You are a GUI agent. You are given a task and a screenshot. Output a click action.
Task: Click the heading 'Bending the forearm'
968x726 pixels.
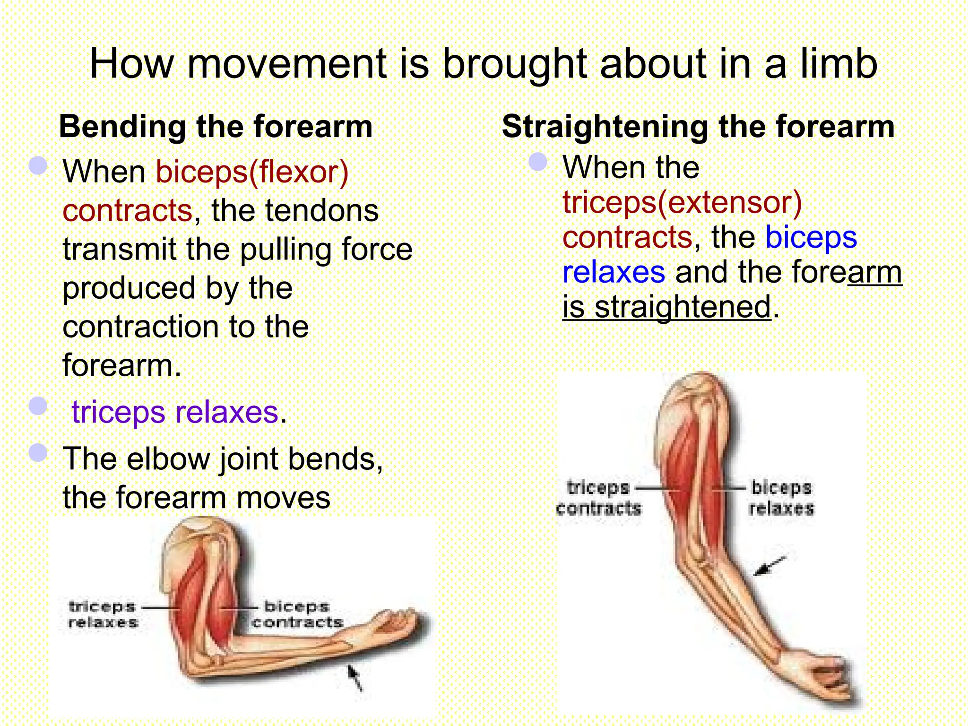(x=216, y=127)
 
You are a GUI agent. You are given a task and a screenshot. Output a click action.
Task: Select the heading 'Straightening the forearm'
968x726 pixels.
(x=698, y=127)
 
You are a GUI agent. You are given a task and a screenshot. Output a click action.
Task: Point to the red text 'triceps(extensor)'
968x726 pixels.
(x=682, y=202)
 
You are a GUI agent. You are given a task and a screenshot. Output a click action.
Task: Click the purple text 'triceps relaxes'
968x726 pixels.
(x=175, y=412)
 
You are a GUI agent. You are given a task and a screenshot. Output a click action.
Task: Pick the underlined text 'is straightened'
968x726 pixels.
(x=666, y=307)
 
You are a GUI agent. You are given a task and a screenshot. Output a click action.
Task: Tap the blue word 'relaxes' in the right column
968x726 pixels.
(x=614, y=272)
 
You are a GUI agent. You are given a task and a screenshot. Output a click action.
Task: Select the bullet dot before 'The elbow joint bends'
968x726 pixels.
(x=38, y=453)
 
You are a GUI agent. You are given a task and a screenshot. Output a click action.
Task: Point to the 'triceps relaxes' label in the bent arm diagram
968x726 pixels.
(x=103, y=614)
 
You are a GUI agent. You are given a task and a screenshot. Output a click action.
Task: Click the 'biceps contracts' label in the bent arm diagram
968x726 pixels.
(x=297, y=614)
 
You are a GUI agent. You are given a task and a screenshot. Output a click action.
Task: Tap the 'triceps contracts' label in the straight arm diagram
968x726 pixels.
(x=598, y=498)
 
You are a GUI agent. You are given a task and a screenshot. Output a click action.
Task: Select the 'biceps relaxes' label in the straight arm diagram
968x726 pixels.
(x=781, y=498)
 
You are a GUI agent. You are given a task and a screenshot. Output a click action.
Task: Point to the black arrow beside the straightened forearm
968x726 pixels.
(x=769, y=566)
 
